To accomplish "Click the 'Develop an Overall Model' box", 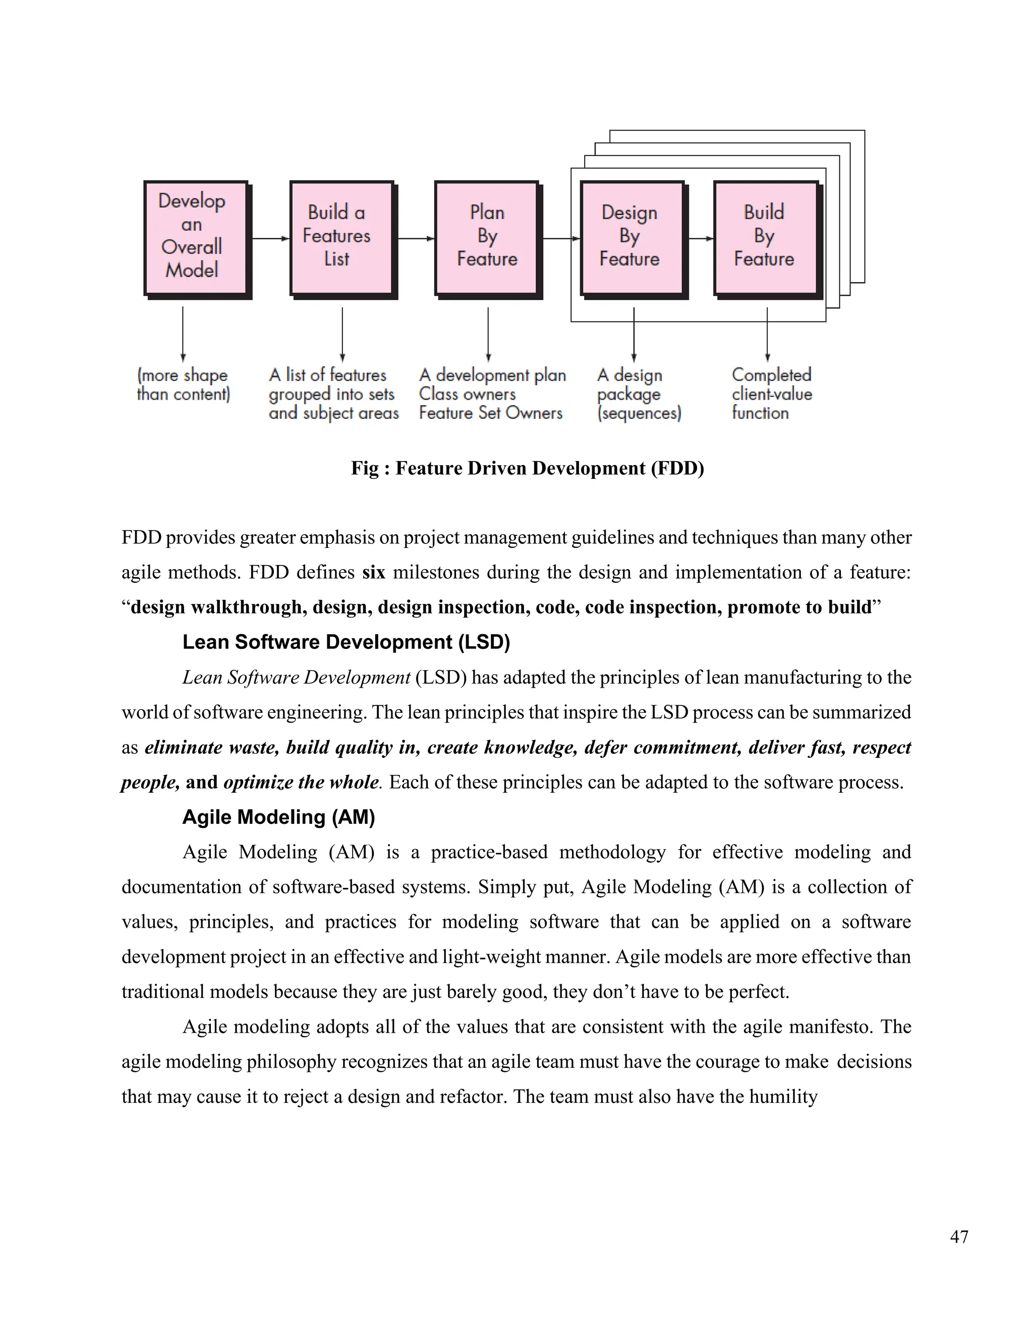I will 196,238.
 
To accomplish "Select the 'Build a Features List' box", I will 341,238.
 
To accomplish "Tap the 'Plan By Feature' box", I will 487,238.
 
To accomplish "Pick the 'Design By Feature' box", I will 632,238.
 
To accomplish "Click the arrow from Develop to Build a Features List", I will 269,238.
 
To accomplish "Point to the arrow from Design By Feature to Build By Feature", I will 700,238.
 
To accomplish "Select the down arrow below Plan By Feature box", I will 488,333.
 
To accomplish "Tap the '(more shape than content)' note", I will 183,384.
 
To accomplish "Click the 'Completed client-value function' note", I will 771,394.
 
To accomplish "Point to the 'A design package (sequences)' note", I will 638,394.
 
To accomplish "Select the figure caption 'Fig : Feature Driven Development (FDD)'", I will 527,468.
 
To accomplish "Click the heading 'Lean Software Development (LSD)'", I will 346,642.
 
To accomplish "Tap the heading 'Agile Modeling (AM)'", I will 278,817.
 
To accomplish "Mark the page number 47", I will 959,1237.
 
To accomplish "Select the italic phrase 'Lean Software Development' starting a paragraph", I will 296,677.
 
